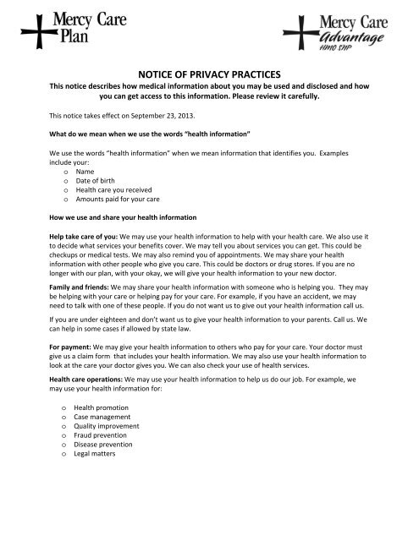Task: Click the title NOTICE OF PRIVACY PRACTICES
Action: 209,74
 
